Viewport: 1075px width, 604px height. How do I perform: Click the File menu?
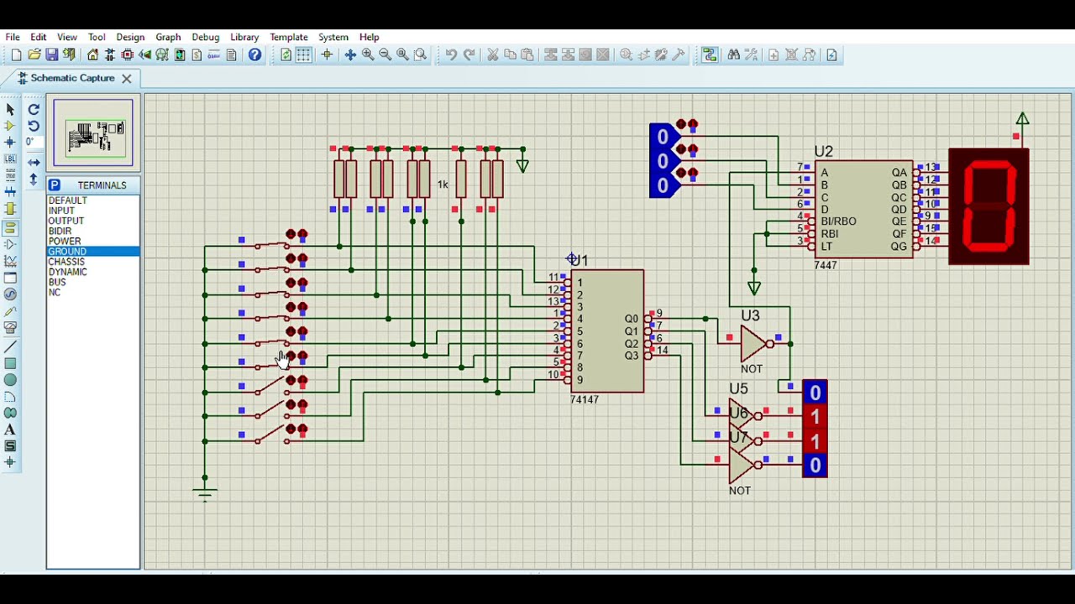point(13,37)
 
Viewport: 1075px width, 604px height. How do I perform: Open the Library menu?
point(244,37)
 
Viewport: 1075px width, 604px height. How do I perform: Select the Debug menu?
point(205,37)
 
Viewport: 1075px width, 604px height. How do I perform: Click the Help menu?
point(370,37)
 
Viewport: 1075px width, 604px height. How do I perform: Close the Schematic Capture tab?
point(127,78)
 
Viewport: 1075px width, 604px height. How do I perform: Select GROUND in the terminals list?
point(67,252)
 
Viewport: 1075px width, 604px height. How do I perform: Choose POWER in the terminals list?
point(65,242)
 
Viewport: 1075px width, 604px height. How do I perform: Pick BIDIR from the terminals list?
point(60,232)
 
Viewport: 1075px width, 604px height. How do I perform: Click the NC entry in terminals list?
point(55,293)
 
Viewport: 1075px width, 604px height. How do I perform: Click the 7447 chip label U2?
point(823,152)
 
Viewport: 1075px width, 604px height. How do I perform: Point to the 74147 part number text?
point(585,400)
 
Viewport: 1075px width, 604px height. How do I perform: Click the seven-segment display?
point(988,207)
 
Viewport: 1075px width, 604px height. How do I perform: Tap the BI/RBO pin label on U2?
point(838,221)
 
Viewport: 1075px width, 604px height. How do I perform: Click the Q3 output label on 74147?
point(632,357)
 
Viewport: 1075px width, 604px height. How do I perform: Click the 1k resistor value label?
point(443,185)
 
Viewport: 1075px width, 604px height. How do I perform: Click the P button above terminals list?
point(55,185)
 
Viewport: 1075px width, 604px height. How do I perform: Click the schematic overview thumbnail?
point(93,133)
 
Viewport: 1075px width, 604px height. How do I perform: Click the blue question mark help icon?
point(255,55)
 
